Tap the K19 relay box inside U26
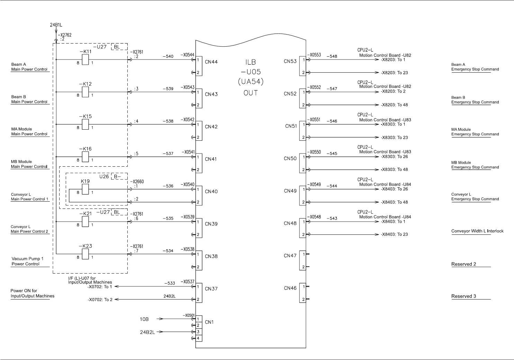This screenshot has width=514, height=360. click(85, 190)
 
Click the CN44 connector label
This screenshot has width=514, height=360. click(211, 62)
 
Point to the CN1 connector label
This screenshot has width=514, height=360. click(209, 322)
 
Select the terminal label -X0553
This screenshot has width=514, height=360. click(314, 55)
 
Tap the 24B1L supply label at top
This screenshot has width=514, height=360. click(56, 26)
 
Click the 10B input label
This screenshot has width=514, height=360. click(144, 319)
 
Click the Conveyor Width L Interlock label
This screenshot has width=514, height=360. click(477, 231)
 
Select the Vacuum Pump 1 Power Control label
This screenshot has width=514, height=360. click(27, 261)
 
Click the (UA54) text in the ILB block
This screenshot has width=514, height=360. click(251, 82)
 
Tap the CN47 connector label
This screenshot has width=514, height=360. click(290, 256)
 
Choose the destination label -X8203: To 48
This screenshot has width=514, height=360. click(394, 105)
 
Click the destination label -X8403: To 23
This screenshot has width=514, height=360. click(394, 234)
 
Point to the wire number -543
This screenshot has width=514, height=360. click(332, 218)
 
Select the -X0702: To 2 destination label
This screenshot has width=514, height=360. click(100, 299)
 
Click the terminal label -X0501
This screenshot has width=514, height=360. click(189, 315)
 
